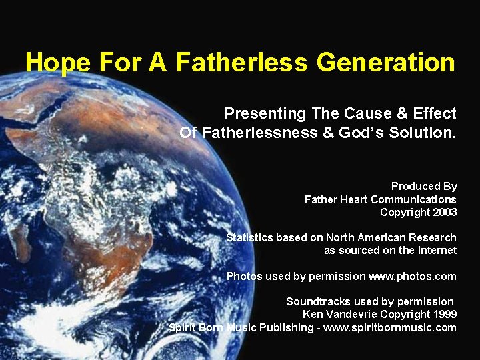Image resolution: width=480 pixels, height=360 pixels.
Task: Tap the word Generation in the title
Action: pos(386,63)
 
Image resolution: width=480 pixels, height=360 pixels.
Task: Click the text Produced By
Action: pos(424,187)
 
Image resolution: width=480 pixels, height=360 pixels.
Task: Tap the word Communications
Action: pos(413,199)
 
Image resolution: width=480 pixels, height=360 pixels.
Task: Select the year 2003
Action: pos(444,212)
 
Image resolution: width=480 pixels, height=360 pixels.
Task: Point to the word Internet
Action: pos(437,251)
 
